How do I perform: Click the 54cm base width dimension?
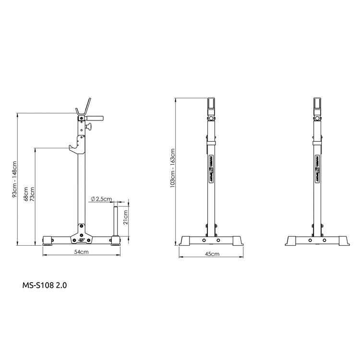coord(81,252)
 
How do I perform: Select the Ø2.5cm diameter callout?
coord(101,198)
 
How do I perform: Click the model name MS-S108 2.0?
coord(45,285)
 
